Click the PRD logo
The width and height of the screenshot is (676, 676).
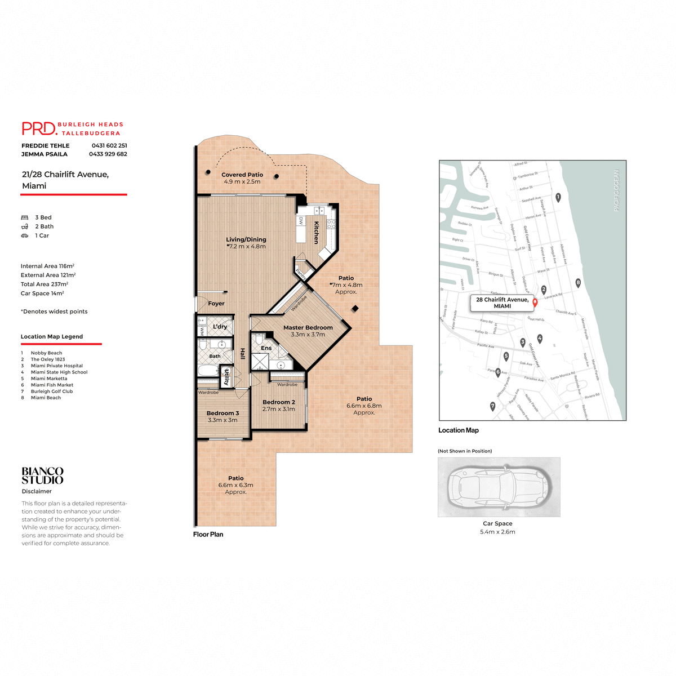(x=39, y=128)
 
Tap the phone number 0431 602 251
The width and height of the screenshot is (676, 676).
(x=109, y=145)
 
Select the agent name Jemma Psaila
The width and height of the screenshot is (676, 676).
(x=45, y=154)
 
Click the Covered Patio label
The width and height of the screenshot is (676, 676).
(x=242, y=175)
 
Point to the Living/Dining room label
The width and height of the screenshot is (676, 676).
(x=246, y=239)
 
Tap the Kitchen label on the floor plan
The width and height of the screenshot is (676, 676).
(x=317, y=232)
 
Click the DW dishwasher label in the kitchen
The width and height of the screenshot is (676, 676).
(x=301, y=221)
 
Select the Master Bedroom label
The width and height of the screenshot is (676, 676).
(x=308, y=327)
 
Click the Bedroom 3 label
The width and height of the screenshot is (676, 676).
(x=223, y=413)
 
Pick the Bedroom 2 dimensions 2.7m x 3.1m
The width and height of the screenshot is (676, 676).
(x=278, y=409)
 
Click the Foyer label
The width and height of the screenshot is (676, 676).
(x=216, y=303)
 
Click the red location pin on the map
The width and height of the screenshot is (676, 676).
(x=535, y=302)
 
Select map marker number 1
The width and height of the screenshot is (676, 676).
(x=558, y=197)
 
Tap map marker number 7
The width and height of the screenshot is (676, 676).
(x=492, y=406)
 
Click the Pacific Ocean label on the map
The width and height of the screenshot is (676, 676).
(x=616, y=190)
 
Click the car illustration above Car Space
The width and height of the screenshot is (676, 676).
(x=499, y=487)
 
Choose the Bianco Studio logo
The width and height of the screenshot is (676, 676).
(x=43, y=475)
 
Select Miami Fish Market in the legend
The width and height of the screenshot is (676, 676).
(x=52, y=385)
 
